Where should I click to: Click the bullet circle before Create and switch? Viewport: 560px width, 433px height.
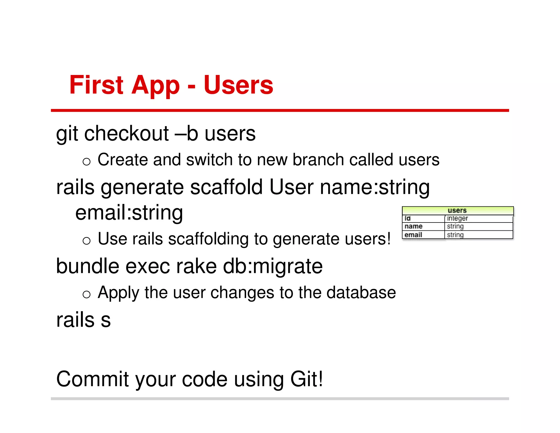point(86,162)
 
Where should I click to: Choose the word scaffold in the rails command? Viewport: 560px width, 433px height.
point(226,187)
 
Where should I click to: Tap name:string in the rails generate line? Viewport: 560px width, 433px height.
point(375,187)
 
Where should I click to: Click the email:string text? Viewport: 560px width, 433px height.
point(129,213)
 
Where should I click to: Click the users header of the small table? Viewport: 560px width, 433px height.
point(457,210)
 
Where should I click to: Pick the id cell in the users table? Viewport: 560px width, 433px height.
point(407,218)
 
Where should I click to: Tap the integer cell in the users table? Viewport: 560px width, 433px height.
point(457,218)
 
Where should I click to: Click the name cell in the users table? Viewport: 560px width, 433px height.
point(413,226)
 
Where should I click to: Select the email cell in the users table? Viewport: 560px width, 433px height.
point(413,235)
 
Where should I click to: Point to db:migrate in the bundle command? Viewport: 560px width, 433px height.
point(273,266)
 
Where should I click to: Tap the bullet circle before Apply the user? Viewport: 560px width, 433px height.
point(86,295)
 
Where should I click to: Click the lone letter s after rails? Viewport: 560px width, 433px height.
point(106,320)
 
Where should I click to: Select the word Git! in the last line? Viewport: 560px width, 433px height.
point(307,379)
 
